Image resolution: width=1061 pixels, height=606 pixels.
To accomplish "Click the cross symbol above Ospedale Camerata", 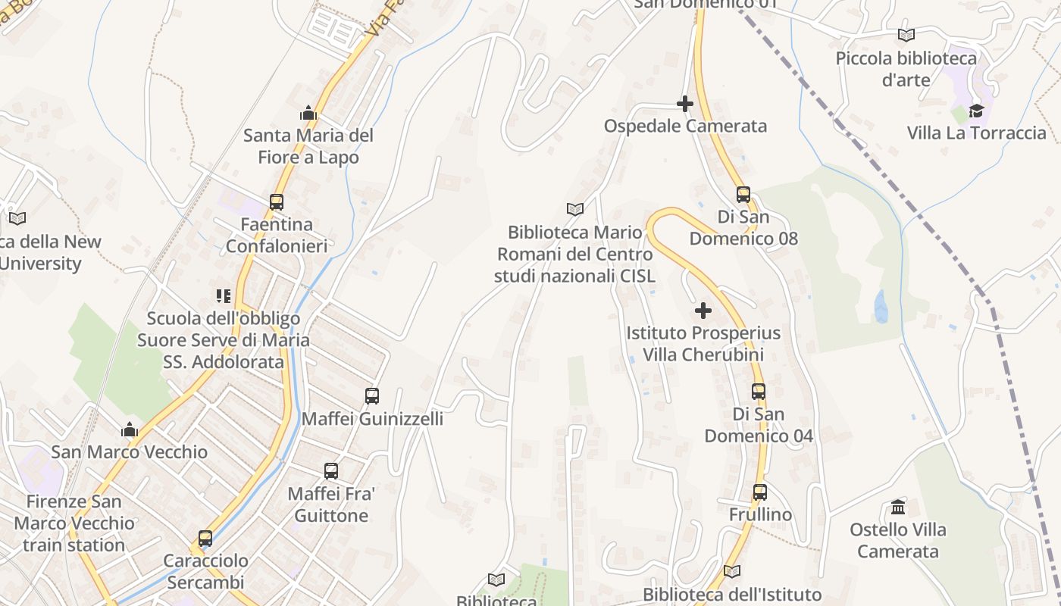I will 685,104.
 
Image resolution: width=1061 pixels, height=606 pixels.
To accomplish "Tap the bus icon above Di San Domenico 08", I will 743,195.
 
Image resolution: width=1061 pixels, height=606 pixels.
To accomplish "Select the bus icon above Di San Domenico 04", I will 759,392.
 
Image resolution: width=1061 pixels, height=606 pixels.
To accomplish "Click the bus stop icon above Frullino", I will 760,492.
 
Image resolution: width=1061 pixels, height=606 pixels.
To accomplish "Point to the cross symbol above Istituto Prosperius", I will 703,311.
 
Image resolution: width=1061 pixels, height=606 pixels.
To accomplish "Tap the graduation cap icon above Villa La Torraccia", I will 976,111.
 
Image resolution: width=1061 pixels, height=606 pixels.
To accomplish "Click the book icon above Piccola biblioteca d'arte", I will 906,35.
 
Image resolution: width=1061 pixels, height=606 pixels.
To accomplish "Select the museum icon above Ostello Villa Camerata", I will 898,507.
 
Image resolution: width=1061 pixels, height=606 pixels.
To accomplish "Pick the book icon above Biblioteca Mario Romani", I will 575,209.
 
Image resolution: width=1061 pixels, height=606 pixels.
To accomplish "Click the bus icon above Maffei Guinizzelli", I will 372,396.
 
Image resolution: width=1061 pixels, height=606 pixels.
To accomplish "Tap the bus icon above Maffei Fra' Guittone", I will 331,471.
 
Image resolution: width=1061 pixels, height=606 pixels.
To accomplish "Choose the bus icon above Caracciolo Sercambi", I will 205,539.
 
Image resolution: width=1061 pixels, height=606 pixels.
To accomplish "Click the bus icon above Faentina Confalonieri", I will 277,202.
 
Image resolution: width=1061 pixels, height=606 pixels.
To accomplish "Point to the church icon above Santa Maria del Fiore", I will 308,114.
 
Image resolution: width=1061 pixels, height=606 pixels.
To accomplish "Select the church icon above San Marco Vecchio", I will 130,430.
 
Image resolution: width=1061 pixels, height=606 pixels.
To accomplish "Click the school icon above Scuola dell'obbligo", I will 223,296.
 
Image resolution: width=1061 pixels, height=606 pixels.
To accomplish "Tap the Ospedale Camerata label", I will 685,127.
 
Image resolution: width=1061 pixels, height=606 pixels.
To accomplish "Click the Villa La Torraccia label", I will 976,133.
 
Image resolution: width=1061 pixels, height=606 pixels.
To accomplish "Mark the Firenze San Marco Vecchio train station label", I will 74,523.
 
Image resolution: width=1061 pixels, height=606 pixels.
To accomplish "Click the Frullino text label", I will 760,515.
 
